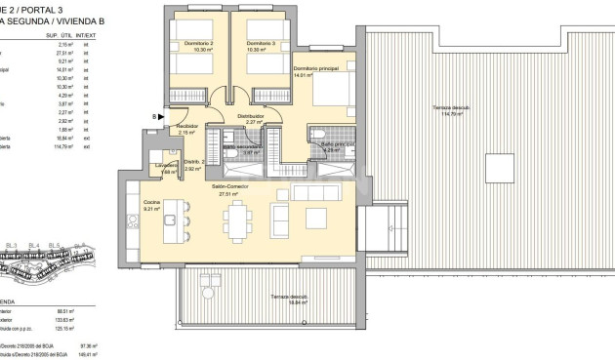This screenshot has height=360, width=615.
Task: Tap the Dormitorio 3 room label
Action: pyautogui.click(x=260, y=44)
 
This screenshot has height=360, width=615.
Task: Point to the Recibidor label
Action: pyautogui.click(x=187, y=126)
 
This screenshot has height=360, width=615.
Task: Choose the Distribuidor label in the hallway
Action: pyautogui.click(x=251, y=115)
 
